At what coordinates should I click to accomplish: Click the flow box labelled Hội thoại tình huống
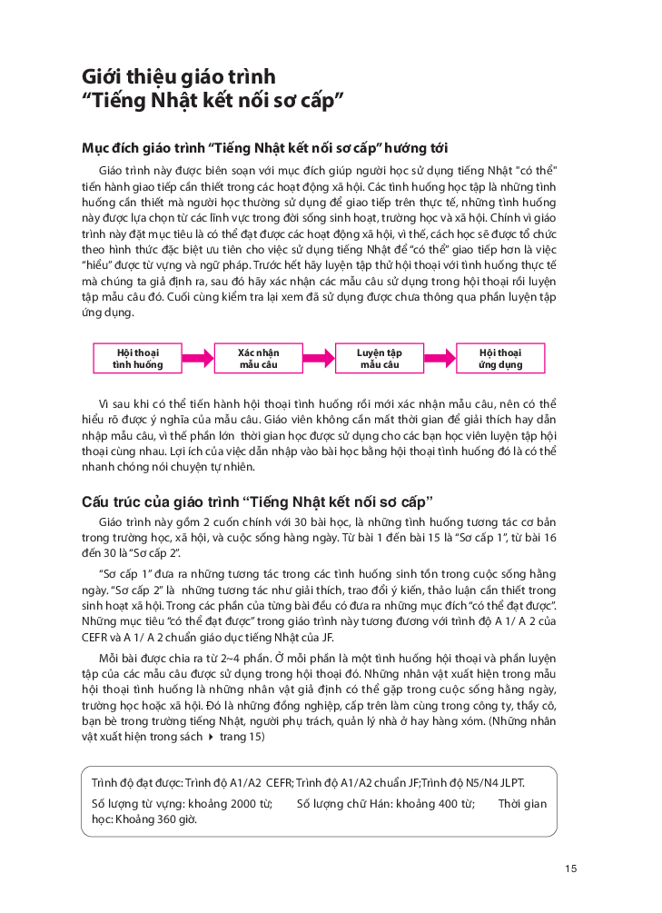point(138,358)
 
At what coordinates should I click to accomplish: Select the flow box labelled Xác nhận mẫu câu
point(259,358)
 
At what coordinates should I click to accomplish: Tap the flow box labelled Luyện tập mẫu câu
point(380,358)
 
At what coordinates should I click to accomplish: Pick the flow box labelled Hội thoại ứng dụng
point(500,358)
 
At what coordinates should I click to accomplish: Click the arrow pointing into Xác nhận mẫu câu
point(198,358)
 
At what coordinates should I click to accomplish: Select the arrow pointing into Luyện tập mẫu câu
point(319,358)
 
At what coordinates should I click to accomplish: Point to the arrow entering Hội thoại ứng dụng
point(440,358)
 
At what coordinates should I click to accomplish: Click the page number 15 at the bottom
point(570,868)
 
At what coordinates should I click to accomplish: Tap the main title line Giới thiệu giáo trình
point(179,76)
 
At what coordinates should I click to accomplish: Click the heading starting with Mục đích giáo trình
point(264,148)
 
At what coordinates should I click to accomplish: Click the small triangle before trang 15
point(212,737)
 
